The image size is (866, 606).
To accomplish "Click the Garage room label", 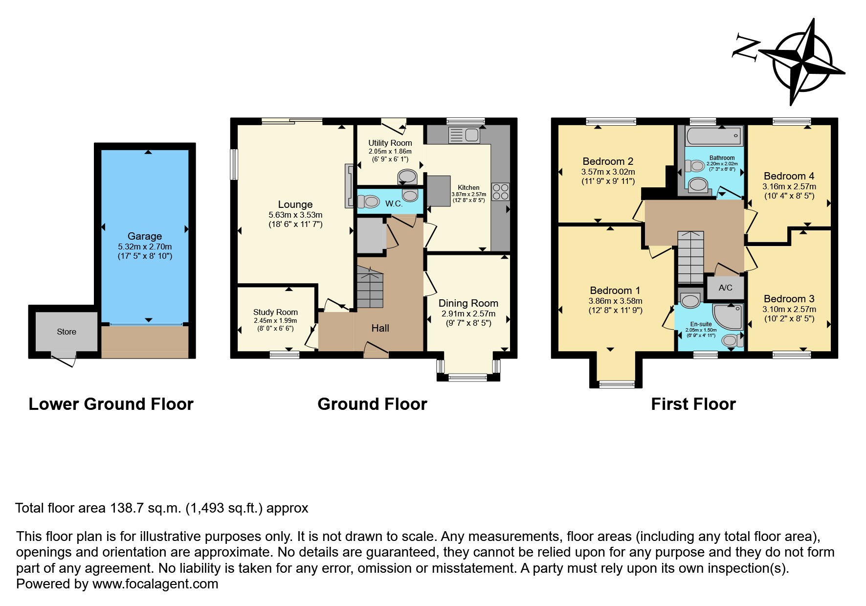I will [145, 236].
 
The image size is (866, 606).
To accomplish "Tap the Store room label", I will [67, 332].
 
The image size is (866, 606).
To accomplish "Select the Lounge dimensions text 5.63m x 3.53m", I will [295, 215].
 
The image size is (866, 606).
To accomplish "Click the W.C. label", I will [394, 203].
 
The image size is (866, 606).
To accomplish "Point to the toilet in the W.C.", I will [369, 202].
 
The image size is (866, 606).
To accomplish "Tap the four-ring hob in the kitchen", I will [500, 192].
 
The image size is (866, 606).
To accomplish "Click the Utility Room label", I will [390, 143].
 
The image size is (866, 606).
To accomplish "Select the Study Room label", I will [275, 312].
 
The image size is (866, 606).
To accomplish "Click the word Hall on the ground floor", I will [380, 328].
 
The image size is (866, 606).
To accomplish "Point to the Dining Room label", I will [468, 303].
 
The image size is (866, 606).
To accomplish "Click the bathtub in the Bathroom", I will [714, 136].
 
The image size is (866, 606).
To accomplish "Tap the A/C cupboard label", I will [726, 288].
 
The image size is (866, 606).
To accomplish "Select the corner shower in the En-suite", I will [729, 315].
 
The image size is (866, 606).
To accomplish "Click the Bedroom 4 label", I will [789, 176].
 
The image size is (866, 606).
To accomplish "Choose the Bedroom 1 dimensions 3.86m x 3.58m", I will [615, 301].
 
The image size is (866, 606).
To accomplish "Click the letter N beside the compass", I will [746, 48].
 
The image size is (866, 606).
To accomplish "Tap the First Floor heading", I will [693, 404].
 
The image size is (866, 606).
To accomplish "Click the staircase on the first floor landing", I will [690, 257].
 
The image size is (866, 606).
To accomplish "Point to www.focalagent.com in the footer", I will [155, 584].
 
